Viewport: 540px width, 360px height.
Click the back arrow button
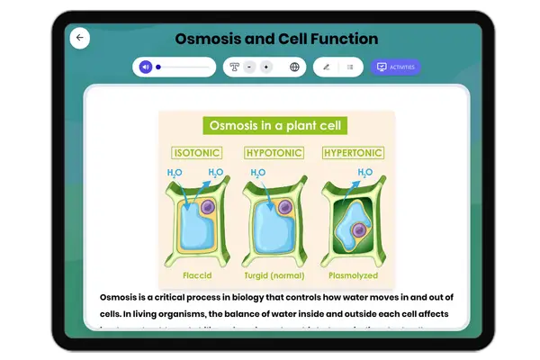tap(80, 38)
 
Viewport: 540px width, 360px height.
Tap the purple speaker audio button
tap(146, 67)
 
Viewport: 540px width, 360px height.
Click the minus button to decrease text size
tap(249, 67)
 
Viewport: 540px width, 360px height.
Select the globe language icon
tap(294, 67)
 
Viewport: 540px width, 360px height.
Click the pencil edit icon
tap(326, 67)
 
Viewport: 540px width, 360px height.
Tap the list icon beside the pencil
tap(350, 67)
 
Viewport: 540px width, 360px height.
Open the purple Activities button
tap(395, 67)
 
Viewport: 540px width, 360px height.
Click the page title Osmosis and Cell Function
tap(276, 39)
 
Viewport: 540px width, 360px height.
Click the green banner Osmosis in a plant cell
tap(276, 125)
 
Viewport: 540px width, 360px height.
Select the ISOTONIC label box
tap(196, 153)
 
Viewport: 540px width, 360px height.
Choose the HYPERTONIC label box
tap(353, 153)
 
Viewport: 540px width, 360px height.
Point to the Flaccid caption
tap(196, 274)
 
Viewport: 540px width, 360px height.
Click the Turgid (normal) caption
tap(274, 274)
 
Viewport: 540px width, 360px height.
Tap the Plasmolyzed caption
tap(353, 274)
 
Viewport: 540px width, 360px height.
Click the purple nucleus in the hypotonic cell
tap(285, 208)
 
